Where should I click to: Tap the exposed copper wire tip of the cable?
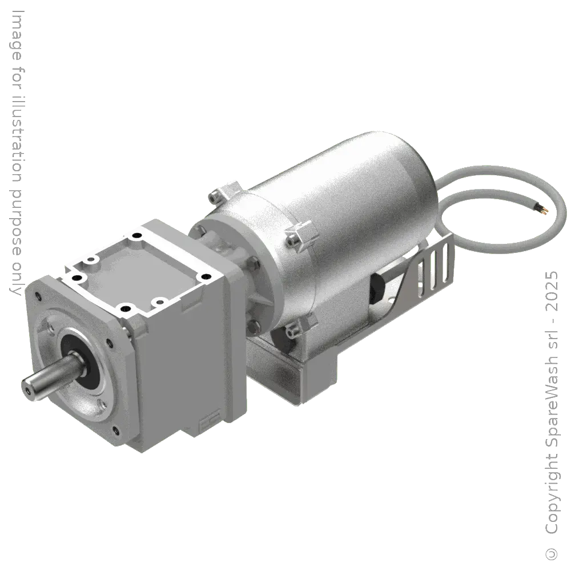[x=547, y=211]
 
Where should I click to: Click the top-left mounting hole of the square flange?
[x=38, y=296]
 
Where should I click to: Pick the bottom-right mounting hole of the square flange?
[x=115, y=430]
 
